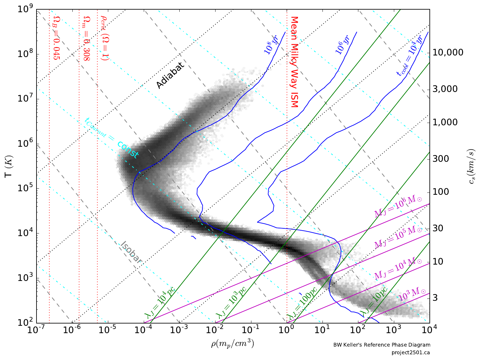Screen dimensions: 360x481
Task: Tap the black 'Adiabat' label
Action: (170, 76)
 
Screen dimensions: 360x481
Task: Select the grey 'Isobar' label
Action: (131, 252)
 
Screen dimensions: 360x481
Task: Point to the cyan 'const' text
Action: (128, 150)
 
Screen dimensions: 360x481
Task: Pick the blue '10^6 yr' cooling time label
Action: (343, 45)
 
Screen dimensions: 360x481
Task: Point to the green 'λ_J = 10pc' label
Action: (373, 301)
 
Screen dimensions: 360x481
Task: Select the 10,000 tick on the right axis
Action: (448, 53)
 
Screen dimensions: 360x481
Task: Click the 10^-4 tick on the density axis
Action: (143, 330)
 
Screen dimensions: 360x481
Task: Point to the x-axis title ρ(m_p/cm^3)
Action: (232, 344)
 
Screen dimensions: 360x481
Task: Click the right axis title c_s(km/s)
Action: (472, 167)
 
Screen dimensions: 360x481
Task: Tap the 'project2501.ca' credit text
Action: (411, 353)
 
